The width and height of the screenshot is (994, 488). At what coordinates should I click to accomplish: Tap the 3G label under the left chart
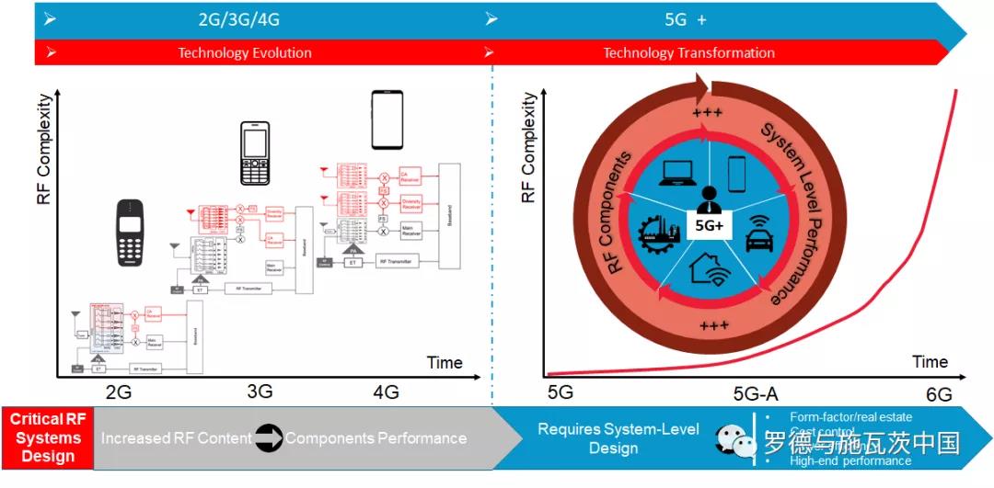coord(260,392)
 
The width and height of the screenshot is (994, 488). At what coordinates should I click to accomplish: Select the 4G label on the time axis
coord(386,392)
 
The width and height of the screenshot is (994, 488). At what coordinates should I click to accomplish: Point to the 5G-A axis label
coord(756,394)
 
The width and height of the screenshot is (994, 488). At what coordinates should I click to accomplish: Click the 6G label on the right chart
coord(939,394)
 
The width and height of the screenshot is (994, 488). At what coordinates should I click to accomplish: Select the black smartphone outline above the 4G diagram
coord(387,119)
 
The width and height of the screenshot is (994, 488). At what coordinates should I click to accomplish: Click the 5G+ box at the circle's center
coord(710,223)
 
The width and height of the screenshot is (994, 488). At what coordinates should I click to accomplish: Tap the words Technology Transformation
coord(688,52)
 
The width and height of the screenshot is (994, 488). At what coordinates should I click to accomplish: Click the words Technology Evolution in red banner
coord(245,52)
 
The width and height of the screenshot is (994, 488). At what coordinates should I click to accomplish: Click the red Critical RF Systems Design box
coord(48,438)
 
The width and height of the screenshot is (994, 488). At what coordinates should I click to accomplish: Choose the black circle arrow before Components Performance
coord(268,438)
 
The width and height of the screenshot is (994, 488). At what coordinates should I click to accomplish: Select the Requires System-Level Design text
coord(618,438)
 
